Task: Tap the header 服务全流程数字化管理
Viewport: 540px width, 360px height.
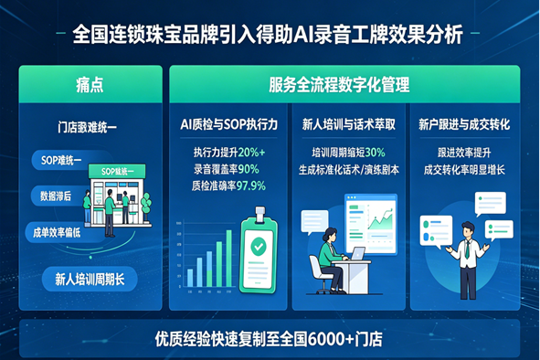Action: tap(339, 85)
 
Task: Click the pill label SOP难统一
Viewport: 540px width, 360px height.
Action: tap(62, 161)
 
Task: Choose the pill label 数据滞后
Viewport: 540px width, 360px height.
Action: tap(54, 196)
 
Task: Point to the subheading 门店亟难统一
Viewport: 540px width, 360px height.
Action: tap(89, 128)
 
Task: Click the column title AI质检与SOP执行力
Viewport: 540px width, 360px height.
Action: tap(228, 122)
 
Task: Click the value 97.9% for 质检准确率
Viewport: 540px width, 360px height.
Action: tap(251, 185)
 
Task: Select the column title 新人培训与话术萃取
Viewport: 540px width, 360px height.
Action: tap(348, 122)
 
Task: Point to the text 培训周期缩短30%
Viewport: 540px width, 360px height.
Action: tap(348, 152)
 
